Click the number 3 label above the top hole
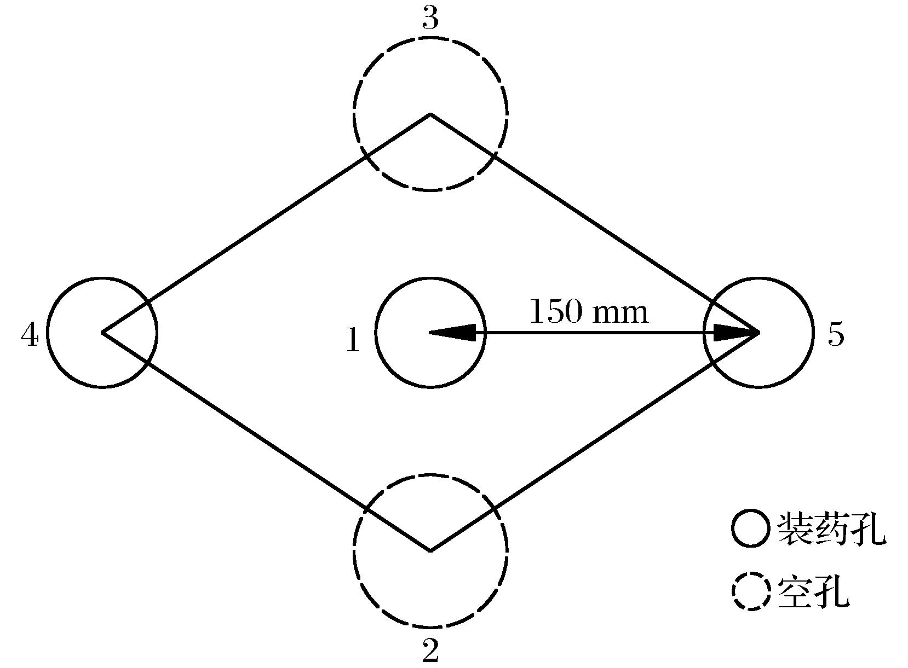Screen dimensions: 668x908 pyautogui.click(x=431, y=20)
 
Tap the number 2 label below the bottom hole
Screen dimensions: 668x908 pyautogui.click(x=431, y=650)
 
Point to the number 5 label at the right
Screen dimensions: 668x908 pyautogui.click(x=836, y=334)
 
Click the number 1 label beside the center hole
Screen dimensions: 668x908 pyautogui.click(x=353, y=340)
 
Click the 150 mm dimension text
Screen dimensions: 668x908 pyautogui.click(x=589, y=312)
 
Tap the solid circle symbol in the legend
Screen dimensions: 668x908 pyautogui.click(x=751, y=528)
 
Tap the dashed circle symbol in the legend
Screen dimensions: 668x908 pyautogui.click(x=751, y=591)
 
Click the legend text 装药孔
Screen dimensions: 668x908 pyautogui.click(x=831, y=528)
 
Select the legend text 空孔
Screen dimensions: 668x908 pyautogui.click(x=813, y=591)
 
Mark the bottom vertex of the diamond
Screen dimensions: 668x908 pyautogui.click(x=430, y=550)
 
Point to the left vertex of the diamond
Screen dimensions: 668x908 pyautogui.click(x=102, y=332)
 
